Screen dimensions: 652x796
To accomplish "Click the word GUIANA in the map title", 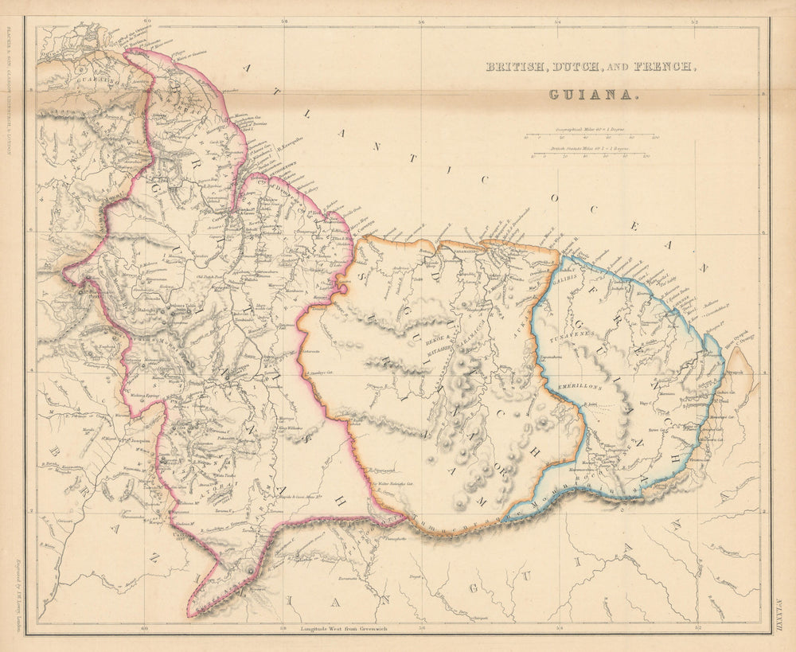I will click(593, 94).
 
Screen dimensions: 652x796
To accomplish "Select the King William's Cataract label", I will click(290, 430).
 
